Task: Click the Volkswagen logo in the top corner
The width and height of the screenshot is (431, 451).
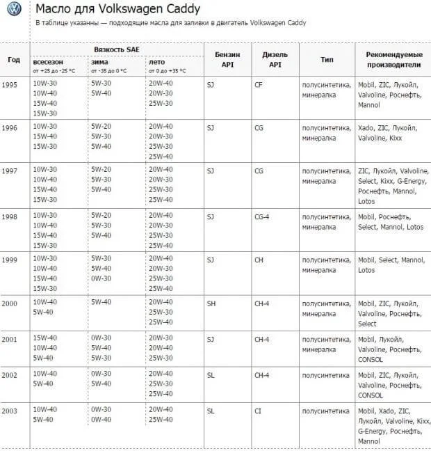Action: point(13,9)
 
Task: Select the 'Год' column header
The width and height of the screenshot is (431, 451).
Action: point(14,59)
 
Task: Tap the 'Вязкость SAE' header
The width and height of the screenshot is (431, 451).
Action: point(119,49)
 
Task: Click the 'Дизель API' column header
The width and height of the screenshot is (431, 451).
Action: point(275,59)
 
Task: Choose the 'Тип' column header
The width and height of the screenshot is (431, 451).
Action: point(327,59)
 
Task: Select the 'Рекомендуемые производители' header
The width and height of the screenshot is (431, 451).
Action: point(393,59)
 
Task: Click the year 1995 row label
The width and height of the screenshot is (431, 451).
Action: point(10,84)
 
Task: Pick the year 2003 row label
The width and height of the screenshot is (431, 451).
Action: point(10,411)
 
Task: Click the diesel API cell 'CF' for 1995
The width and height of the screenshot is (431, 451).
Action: point(259,84)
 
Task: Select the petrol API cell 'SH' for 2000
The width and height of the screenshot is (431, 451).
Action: point(211,302)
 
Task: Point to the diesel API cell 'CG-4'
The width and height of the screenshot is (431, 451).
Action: point(262,216)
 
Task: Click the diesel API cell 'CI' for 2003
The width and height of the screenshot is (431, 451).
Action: point(258,411)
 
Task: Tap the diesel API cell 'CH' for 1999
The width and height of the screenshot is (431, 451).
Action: point(259,259)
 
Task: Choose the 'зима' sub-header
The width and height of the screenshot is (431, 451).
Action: point(99,61)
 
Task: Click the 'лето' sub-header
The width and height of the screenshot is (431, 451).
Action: point(156,61)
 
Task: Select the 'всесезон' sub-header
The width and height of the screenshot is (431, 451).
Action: point(49,61)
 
